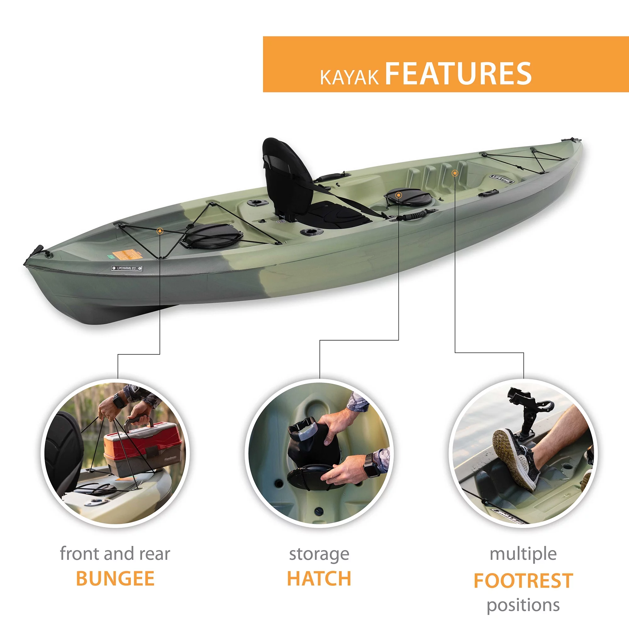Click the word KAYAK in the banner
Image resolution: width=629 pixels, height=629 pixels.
349,77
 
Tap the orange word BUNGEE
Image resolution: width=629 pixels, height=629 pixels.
115,579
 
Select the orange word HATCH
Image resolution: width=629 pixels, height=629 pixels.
319,579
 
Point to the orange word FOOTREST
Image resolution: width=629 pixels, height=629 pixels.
523,581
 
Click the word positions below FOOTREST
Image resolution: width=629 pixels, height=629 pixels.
523,605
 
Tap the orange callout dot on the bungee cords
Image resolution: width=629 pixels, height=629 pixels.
159,231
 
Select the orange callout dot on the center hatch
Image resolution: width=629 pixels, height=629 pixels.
398,195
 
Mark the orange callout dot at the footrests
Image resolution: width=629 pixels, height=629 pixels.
455,173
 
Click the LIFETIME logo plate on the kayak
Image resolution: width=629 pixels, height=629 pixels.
502,179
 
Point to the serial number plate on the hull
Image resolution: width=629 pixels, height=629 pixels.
127,268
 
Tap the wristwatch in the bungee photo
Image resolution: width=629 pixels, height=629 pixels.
120,401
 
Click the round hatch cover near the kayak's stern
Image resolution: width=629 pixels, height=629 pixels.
212,235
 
